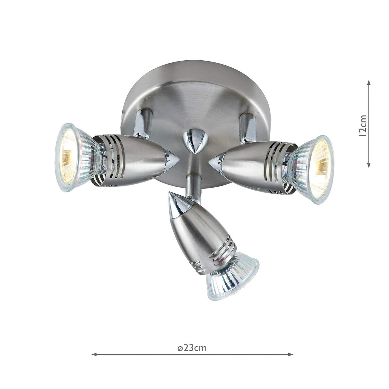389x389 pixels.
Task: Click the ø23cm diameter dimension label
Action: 192,348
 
